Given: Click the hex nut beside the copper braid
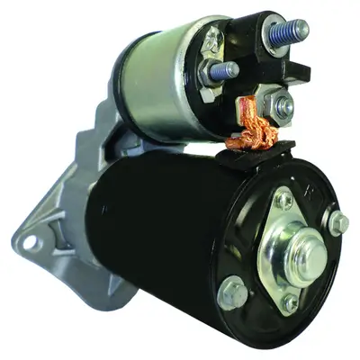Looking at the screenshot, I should pos(283,106).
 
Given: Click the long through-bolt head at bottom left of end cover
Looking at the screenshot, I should pos(233,293).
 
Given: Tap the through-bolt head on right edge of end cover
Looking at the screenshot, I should pos(338,222).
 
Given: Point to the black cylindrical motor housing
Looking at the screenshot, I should pos(153,225).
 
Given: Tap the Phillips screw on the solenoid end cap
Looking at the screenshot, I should pos(212,40).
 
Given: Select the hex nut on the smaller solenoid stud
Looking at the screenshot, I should pos(209,72).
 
